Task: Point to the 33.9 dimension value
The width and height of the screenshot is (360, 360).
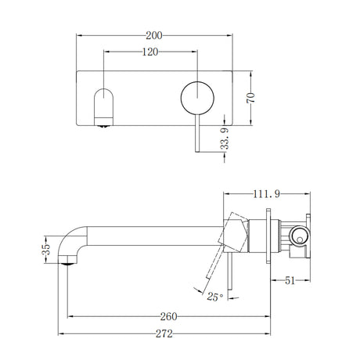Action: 226,139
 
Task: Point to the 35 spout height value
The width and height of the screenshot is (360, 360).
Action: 45,249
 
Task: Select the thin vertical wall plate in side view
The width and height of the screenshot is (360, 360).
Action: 272,236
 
